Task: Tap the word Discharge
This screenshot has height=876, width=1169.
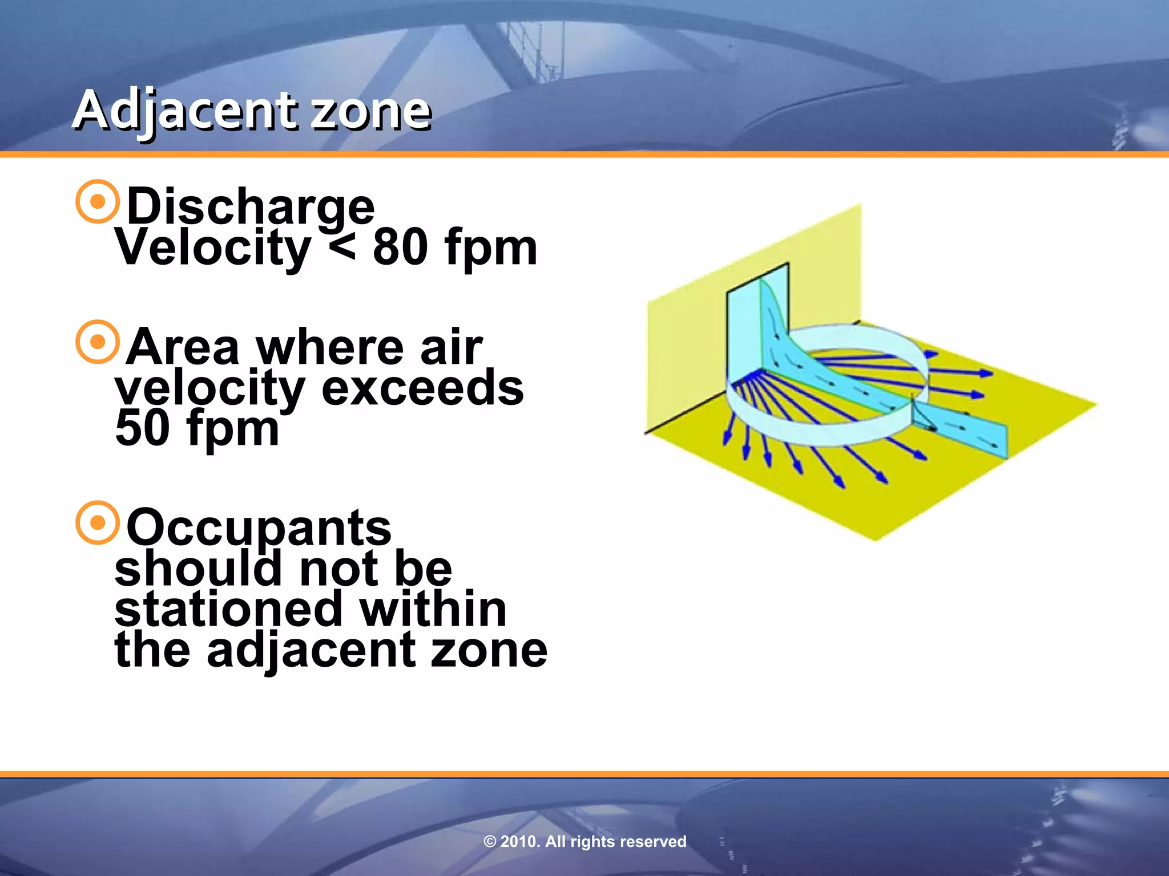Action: [250, 206]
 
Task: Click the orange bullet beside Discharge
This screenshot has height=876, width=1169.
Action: [98, 201]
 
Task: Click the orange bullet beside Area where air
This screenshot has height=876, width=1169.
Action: [98, 342]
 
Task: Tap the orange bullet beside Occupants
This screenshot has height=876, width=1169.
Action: [98, 522]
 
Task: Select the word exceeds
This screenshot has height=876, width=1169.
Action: [422, 388]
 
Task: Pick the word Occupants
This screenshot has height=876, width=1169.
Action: [259, 528]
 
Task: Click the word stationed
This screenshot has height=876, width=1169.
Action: [228, 609]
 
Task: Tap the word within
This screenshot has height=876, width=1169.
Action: [432, 609]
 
